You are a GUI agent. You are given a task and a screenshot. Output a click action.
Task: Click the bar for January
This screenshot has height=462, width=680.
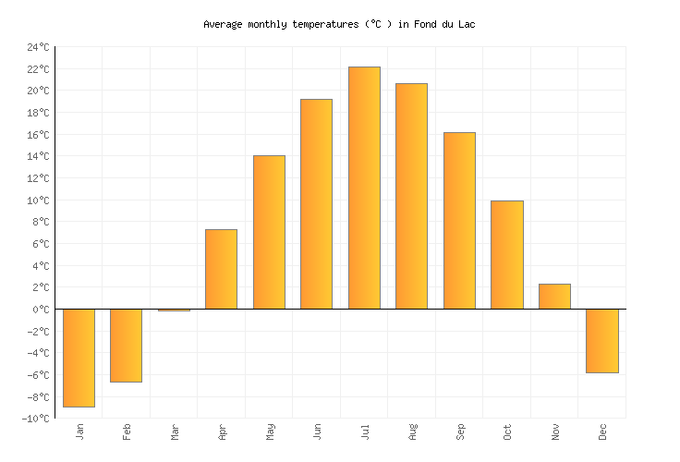coord(79,358)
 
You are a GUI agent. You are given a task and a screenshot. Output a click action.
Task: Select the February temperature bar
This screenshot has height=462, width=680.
coord(126,346)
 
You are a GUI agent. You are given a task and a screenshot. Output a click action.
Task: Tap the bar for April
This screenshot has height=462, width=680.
coord(221,269)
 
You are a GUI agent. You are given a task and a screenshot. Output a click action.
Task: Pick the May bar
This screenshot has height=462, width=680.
coord(269,232)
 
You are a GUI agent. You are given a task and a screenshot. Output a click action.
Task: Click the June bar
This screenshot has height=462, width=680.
coord(316,204)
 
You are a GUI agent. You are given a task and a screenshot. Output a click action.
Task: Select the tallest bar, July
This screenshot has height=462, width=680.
coord(364,188)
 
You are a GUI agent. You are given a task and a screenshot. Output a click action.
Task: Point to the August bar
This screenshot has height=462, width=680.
coord(411,196)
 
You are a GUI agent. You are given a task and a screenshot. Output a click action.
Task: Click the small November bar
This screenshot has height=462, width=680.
coord(554,297)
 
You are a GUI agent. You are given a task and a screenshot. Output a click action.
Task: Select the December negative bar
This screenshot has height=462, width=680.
coord(601,341)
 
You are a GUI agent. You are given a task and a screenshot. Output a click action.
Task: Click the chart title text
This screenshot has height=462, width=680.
coord(339,24)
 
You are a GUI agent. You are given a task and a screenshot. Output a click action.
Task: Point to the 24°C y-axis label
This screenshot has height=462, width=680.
coord(38,47)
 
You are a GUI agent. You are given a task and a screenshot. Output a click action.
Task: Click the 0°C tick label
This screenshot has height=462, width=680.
coord(42,310)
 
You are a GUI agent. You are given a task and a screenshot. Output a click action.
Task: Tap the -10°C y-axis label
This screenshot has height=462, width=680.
coord(36,419)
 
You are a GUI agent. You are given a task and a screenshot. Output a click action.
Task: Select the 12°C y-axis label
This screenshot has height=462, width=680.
coord(38,178)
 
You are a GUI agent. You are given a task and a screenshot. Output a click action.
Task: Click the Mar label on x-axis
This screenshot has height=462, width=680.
coord(175,432)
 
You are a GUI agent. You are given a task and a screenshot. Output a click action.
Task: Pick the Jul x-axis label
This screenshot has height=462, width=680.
coord(365,431)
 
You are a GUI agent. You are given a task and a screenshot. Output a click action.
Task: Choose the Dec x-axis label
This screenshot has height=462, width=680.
coord(602,432)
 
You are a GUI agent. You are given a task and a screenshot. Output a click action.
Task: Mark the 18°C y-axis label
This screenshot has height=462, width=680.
coord(38,113)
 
